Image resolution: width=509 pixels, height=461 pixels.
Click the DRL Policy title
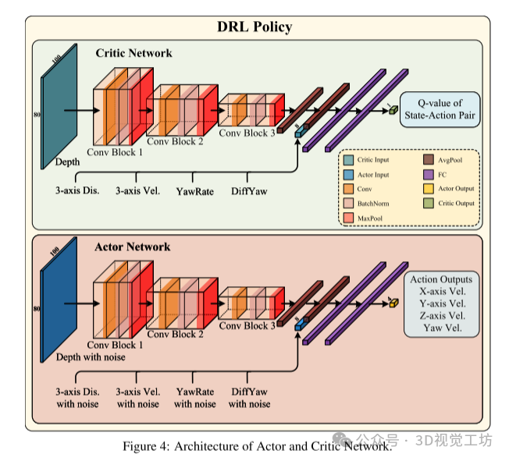tap(255, 27)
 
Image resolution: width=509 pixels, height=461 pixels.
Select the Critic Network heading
tap(133, 53)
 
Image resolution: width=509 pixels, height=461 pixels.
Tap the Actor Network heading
tap(132, 246)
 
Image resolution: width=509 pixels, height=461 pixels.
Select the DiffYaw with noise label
tap(249, 398)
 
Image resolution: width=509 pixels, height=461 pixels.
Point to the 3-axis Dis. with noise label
tap(77, 398)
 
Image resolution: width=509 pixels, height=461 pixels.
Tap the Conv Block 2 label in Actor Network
tap(175, 334)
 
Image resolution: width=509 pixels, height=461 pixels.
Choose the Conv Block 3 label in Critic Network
tap(247, 133)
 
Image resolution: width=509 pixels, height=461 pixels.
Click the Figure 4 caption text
tap(256, 446)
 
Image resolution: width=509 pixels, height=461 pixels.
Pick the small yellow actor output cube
tap(393, 303)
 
